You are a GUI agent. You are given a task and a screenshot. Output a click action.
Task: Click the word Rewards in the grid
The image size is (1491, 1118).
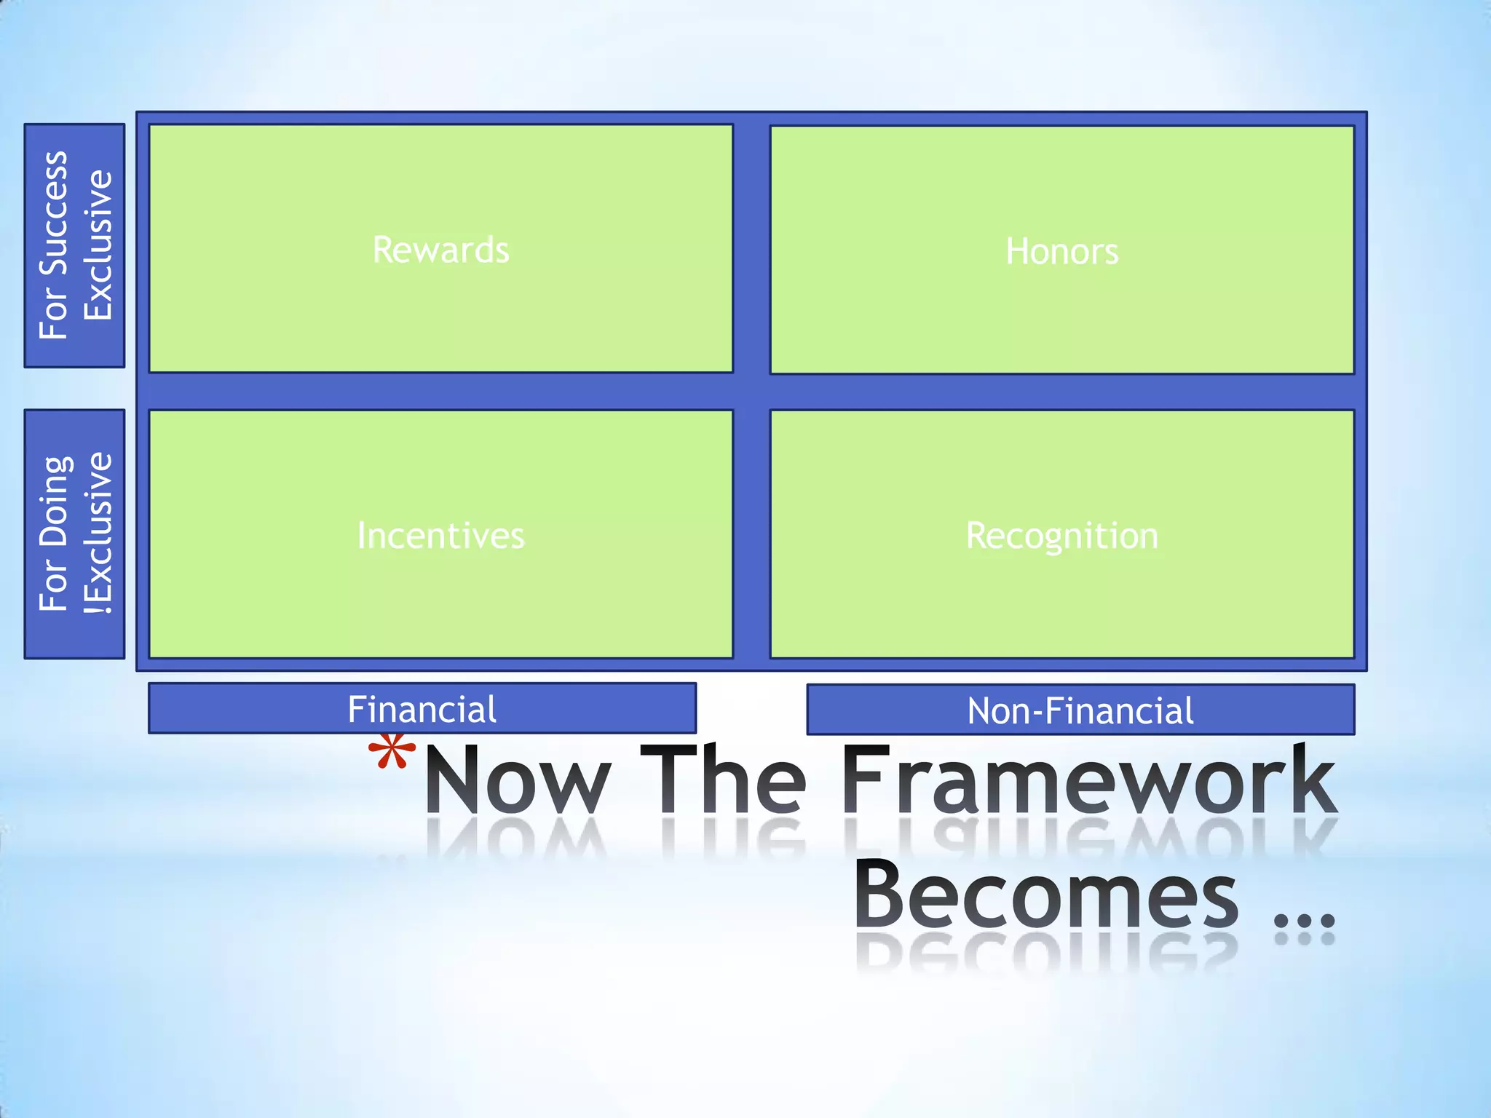[440, 250]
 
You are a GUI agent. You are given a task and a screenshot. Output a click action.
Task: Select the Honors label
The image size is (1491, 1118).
[1061, 252]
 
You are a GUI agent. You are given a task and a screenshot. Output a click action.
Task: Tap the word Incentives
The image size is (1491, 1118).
[440, 536]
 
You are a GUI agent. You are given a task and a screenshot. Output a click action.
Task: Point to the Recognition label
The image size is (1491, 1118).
[1061, 536]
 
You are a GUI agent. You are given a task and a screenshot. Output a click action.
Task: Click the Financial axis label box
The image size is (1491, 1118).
[422, 709]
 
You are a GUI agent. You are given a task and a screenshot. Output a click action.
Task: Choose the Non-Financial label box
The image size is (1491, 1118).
[1080, 710]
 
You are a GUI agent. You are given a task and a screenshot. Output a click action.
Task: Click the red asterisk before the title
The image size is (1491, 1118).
[392, 754]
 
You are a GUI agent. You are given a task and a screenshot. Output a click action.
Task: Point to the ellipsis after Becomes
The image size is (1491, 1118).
[1305, 920]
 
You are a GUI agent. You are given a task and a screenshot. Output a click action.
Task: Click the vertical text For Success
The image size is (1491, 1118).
[54, 245]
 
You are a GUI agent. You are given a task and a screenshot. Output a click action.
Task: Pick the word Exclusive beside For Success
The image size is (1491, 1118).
[98, 245]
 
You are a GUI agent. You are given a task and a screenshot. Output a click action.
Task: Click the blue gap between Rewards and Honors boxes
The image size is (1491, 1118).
[751, 249]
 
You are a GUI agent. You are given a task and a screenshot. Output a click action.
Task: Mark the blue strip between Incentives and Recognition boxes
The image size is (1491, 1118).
[751, 534]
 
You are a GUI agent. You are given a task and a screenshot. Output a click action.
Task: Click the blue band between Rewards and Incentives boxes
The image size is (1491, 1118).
[440, 392]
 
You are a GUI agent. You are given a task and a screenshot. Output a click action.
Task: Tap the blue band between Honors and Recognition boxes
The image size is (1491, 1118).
[1061, 392]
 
